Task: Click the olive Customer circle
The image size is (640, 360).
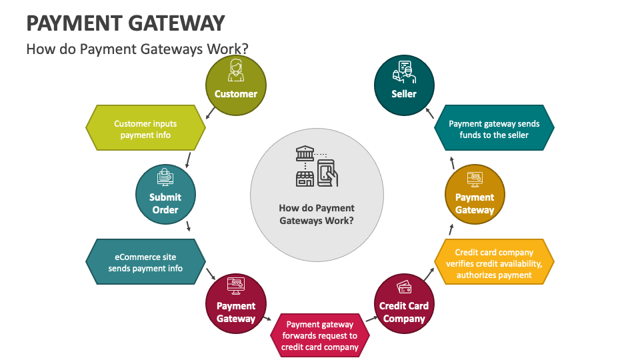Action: pos(236,85)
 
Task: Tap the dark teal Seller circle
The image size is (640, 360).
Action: pos(404,85)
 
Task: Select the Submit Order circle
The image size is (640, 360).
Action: pos(166,194)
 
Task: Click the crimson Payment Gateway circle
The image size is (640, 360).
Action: pos(236,304)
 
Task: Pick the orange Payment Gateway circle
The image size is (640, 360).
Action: pos(475,194)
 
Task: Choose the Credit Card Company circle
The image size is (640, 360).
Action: pos(404,304)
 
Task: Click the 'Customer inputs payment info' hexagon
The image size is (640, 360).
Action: pos(145,128)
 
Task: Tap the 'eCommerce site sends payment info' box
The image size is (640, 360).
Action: pos(145,261)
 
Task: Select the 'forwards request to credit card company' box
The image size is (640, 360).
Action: pos(320,335)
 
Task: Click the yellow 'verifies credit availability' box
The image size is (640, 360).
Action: pos(494,261)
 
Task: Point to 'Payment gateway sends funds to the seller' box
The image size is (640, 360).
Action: pos(494,128)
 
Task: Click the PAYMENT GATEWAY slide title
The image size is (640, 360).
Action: pos(126,23)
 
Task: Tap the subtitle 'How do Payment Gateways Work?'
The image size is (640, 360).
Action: pos(137,49)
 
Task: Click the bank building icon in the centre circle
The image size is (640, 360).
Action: pos(305,153)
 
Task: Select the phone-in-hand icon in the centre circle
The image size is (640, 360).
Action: pos(328,173)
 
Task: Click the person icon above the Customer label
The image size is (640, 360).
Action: pos(236,70)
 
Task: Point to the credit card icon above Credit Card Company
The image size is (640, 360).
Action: pos(404,287)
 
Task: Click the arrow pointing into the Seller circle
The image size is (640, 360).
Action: pos(430,113)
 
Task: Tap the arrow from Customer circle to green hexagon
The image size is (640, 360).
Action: pos(210,113)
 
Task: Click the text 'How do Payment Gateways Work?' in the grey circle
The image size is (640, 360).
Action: pos(317,214)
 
